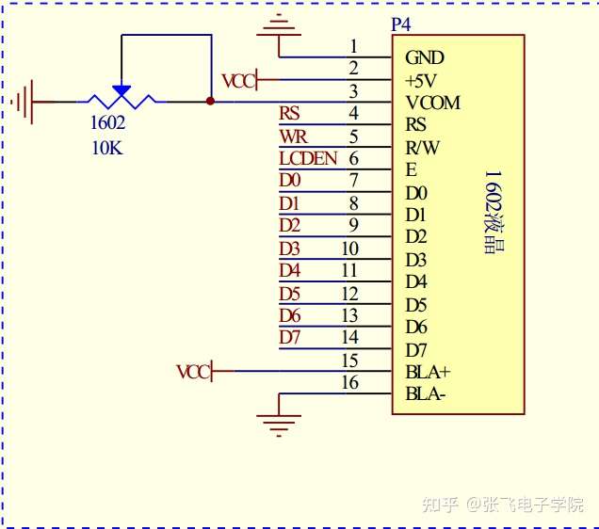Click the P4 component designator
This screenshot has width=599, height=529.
click(400, 24)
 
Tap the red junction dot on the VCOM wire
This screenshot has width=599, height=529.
click(210, 101)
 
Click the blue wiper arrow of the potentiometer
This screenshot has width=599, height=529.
click(121, 91)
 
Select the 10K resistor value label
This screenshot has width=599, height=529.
click(107, 148)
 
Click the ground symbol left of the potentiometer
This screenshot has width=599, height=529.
click(23, 102)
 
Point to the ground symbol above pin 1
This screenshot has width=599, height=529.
click(279, 26)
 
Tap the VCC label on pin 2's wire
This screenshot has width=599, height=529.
click(239, 81)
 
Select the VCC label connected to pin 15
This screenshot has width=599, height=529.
click(194, 372)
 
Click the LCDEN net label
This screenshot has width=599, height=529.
click(308, 158)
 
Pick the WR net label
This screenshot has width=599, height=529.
click(294, 136)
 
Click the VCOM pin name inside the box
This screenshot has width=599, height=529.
click(433, 103)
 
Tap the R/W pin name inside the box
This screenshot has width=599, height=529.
click(423, 148)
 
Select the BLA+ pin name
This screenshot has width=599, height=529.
click(428, 372)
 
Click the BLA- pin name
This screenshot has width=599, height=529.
click(426, 393)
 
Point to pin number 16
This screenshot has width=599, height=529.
click(350, 382)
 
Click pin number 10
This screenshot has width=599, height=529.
click(350, 248)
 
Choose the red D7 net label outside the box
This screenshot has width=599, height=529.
click(289, 337)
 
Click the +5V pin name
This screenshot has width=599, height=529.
click(421, 81)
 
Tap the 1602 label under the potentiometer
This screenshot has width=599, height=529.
click(107, 122)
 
